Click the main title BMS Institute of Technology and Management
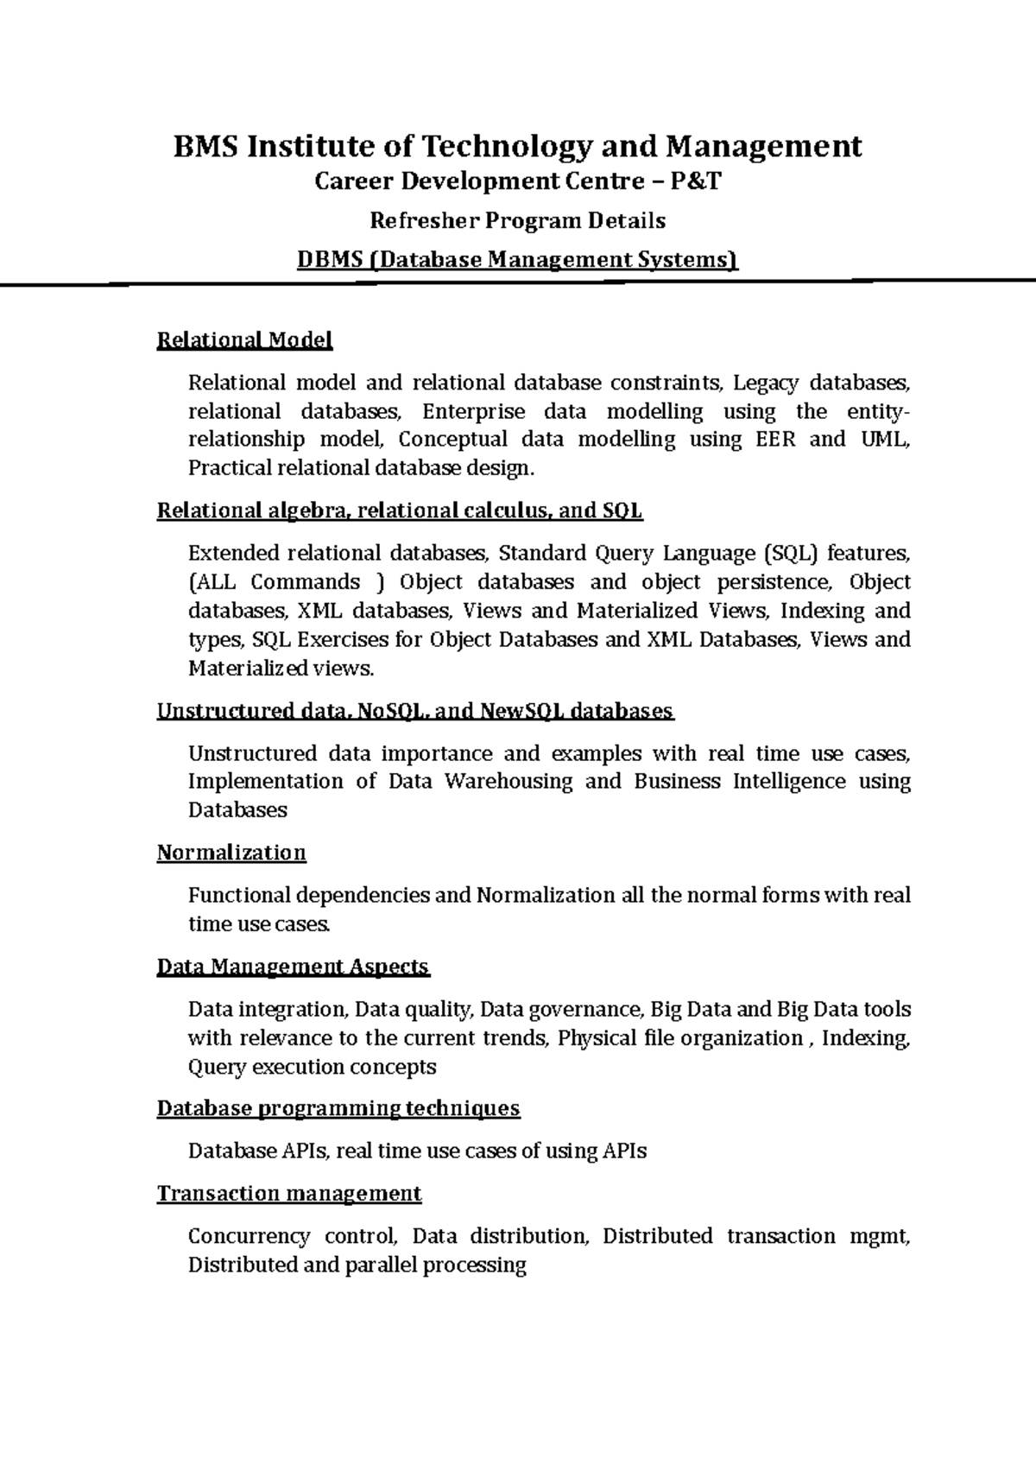[517, 146]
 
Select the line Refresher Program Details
[517, 220]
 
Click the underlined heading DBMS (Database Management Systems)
[517, 259]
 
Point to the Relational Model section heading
[244, 340]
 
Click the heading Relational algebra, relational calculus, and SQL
[400, 511]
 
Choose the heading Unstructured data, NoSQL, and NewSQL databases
[414, 711]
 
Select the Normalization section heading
[231, 853]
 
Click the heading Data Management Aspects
[293, 966]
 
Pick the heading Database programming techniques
[338, 1108]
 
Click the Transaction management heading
[289, 1194]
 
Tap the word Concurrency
[249, 1236]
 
